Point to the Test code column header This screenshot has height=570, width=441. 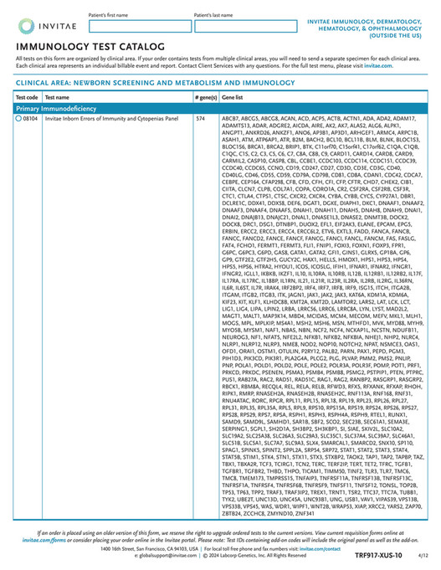pyautogui.click(x=27, y=98)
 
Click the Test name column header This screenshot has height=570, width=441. pyautogui.click(x=58, y=98)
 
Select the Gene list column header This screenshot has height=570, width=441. pyautogui.click(x=233, y=98)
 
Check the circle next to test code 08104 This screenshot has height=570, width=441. pyautogui.click(x=18, y=120)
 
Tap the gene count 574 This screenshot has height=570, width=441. pyautogui.click(x=200, y=120)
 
